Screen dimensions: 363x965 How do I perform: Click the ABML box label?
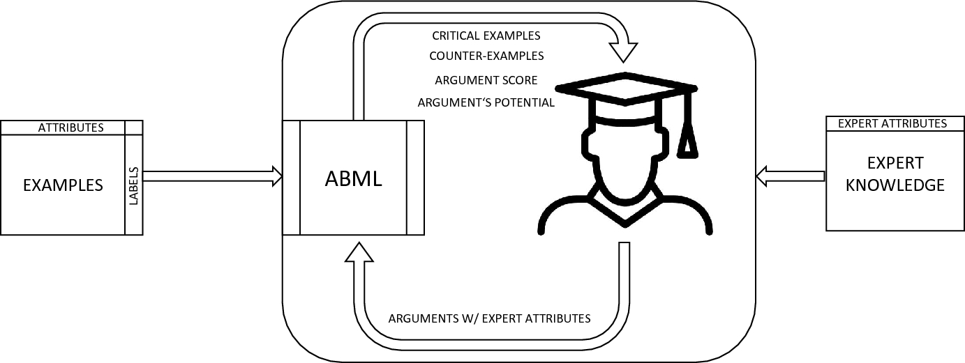tap(353, 178)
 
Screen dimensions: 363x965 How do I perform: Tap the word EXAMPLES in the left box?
tap(63, 185)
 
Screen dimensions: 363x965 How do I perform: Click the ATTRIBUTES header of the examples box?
tap(70, 128)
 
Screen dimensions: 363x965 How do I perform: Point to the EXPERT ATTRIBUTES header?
tap(892, 123)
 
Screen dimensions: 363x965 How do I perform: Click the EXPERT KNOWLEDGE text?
tap(895, 174)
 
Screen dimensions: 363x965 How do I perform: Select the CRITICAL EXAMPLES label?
tap(486, 36)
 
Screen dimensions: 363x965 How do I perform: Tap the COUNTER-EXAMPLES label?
tap(486, 56)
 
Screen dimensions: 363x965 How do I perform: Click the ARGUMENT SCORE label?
tap(486, 80)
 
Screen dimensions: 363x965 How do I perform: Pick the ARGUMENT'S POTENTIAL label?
tap(486, 103)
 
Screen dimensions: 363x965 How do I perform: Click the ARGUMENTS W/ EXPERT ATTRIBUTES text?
tap(489, 318)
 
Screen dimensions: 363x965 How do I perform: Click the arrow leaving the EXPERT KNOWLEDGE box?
tap(791, 176)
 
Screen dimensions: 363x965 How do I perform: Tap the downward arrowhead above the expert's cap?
tap(624, 51)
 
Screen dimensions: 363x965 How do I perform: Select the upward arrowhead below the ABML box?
tap(359, 255)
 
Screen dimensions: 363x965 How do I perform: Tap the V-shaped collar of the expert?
tap(625, 209)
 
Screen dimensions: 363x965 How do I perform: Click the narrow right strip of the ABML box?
tap(415, 178)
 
